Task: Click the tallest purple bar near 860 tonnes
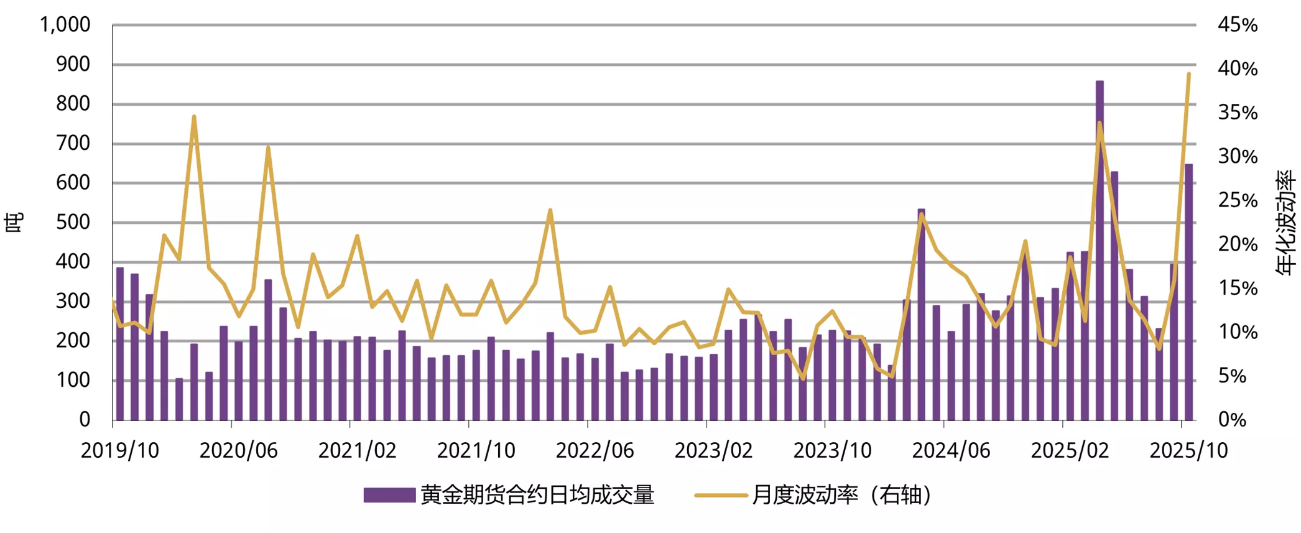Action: click(1100, 249)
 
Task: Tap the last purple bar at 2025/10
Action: click(1188, 292)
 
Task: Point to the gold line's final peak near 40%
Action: click(1188, 74)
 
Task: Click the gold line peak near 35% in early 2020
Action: click(194, 116)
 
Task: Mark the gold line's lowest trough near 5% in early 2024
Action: click(892, 376)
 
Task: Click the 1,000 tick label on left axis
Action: click(65, 25)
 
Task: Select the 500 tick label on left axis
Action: click(73, 222)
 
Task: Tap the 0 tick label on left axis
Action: click(85, 420)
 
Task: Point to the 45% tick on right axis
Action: click(1238, 25)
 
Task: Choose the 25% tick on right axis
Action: click(1238, 200)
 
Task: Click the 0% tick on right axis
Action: click(1232, 420)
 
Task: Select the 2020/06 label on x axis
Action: click(238, 450)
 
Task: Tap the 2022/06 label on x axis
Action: click(595, 450)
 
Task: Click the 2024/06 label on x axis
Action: click(951, 450)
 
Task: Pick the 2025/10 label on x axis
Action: click(1188, 450)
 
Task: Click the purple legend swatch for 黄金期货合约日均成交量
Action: click(389, 495)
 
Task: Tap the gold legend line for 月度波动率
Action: click(720, 495)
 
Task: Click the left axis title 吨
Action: click(14, 222)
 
